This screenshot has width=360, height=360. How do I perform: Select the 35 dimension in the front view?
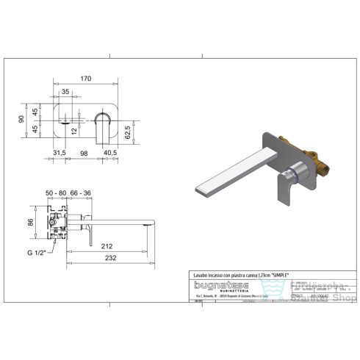(x=65, y=91)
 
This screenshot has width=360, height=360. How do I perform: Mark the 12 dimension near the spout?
(x=74, y=129)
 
